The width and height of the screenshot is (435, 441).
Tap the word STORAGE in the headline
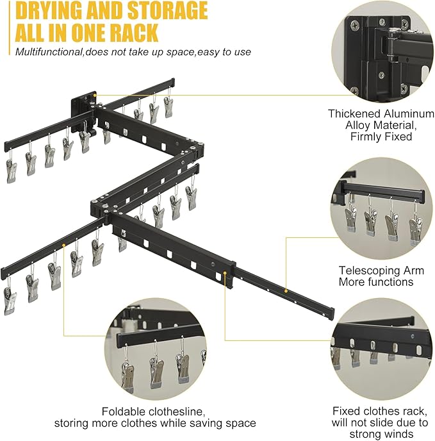click(167, 10)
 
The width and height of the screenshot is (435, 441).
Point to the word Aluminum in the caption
click(409, 113)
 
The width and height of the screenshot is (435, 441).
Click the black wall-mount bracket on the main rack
click(83, 111)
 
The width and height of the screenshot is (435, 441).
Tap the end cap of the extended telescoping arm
click(331, 314)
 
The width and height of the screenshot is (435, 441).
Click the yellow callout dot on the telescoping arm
click(286, 291)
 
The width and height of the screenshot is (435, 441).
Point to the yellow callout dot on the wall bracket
click(95, 96)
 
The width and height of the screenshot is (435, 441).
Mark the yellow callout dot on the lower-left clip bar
click(64, 245)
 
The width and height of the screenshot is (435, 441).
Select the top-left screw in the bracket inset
click(355, 26)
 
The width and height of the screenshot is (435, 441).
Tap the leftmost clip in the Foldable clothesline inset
click(128, 375)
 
